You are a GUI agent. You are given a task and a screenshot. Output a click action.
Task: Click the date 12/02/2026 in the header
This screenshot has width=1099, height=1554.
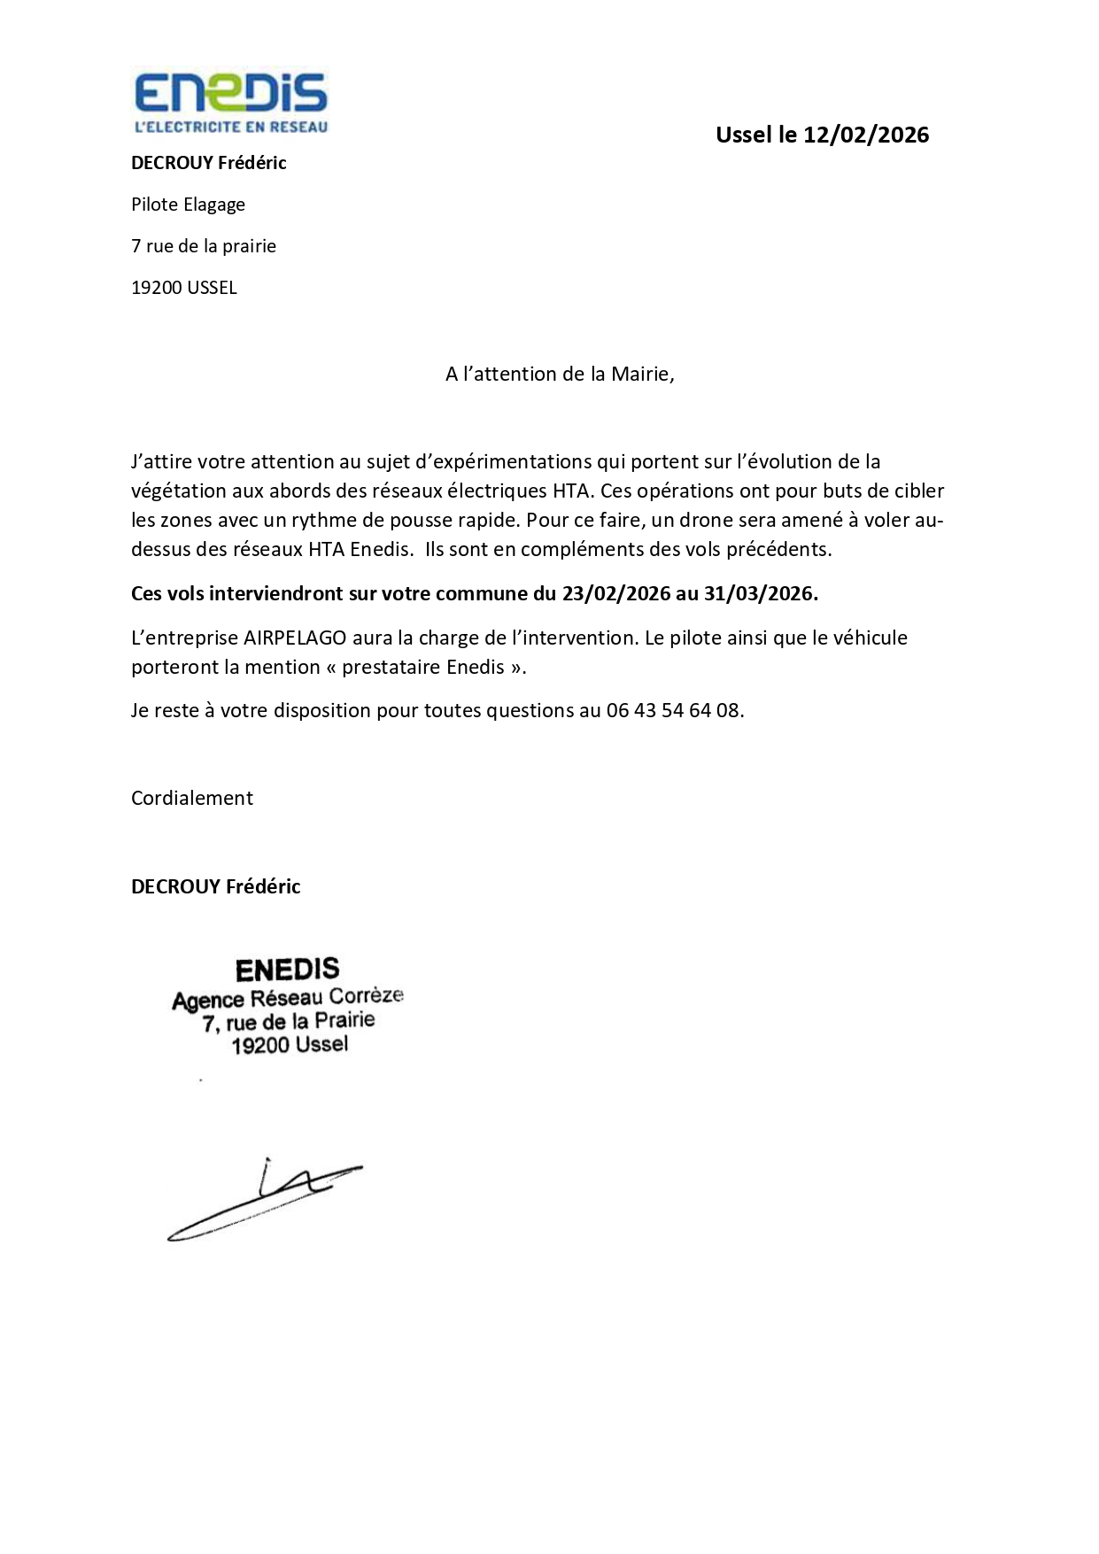(866, 135)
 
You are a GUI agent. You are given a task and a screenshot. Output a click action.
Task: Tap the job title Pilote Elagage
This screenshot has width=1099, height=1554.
(188, 205)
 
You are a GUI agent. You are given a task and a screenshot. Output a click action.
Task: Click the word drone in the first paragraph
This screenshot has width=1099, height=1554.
(704, 520)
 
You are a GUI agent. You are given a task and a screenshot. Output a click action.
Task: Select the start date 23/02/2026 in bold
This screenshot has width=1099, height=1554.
(616, 593)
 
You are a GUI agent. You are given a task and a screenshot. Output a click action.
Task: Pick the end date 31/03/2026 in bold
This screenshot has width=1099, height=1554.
(759, 593)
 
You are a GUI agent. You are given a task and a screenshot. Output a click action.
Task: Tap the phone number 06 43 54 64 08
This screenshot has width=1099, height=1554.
(673, 710)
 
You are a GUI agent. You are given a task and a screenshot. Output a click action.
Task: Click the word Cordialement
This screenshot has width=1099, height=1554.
(192, 798)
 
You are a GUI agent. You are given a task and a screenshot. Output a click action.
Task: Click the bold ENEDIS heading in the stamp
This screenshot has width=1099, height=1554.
(287, 970)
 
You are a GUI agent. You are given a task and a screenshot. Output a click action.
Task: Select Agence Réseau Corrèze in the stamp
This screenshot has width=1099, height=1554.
(287, 998)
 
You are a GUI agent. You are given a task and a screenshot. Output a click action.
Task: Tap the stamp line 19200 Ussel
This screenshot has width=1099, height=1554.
(290, 1045)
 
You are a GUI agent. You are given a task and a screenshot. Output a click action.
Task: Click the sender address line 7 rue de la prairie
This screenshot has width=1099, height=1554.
(204, 246)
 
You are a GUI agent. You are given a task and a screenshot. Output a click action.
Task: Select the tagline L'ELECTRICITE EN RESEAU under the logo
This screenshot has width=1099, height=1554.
(230, 127)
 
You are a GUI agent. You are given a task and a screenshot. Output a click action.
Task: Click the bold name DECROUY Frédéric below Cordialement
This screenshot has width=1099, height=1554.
(215, 886)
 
